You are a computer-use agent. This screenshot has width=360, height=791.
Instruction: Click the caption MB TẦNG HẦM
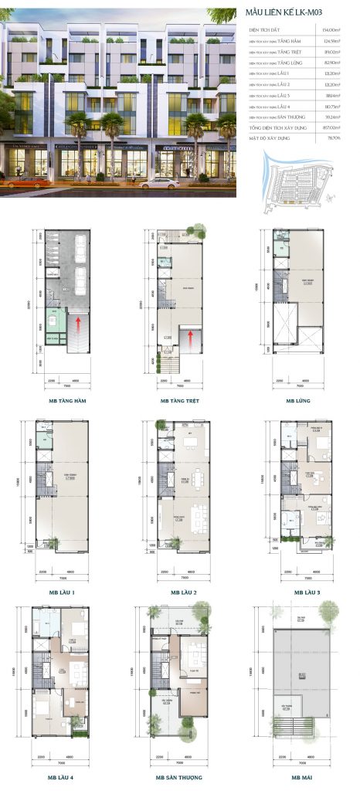(x=63, y=401)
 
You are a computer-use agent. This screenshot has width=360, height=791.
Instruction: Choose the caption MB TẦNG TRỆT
(x=179, y=401)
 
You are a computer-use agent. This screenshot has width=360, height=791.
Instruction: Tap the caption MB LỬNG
(x=297, y=401)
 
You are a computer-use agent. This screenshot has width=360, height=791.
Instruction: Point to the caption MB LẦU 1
(x=63, y=592)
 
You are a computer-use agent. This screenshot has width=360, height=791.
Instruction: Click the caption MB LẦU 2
(x=180, y=592)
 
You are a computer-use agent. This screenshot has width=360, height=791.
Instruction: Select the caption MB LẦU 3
(x=297, y=592)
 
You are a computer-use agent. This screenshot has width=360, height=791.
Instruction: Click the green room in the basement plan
(x=53, y=319)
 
